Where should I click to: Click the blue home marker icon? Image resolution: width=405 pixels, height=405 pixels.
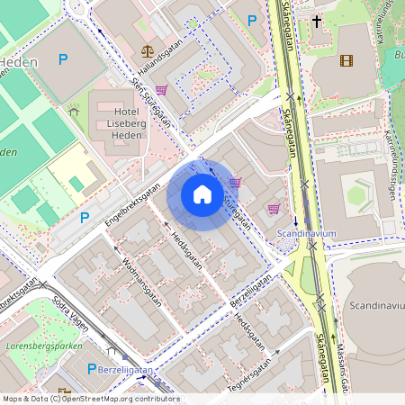pos(202,193)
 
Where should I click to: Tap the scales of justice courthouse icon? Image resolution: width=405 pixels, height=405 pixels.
pos(147,52)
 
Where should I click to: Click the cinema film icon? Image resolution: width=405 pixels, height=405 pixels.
pos(346,61)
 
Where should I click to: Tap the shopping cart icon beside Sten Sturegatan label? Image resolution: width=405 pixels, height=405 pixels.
pos(162,90)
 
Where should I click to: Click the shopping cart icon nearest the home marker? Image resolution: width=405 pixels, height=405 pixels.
pos(235,183)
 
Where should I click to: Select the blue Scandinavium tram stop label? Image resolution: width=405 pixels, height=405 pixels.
pos(306,232)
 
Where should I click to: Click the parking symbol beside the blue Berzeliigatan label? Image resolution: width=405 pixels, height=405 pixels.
pos(91,369)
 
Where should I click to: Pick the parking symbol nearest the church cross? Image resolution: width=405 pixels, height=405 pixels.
pos(252,20)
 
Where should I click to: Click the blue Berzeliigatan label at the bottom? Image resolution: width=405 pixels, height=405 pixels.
pos(127,370)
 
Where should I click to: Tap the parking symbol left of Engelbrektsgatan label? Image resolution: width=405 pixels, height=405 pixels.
pos(85,217)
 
